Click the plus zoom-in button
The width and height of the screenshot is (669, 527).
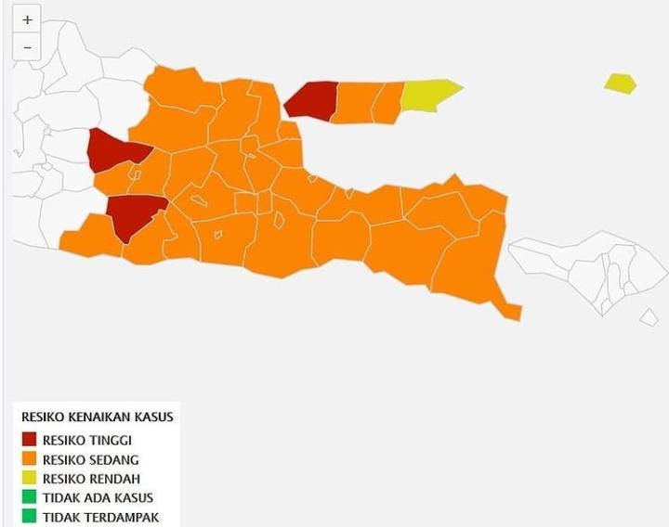point(27,19)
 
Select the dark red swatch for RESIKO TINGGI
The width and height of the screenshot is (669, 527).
point(29,440)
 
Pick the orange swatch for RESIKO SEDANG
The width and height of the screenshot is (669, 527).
point(29,459)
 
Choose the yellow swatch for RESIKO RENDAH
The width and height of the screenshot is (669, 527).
point(29,479)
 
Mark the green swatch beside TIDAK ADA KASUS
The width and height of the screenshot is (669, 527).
point(29,498)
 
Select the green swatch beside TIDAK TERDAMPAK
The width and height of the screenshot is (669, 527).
point(29,517)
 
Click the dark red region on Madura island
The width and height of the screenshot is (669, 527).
point(312,100)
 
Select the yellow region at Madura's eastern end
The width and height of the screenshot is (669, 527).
point(428,95)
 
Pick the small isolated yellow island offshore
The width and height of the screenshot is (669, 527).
point(620,84)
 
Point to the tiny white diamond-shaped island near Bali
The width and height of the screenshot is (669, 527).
point(649,317)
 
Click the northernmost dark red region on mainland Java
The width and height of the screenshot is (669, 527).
point(115,150)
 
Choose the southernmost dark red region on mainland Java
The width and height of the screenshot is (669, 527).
point(133,215)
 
